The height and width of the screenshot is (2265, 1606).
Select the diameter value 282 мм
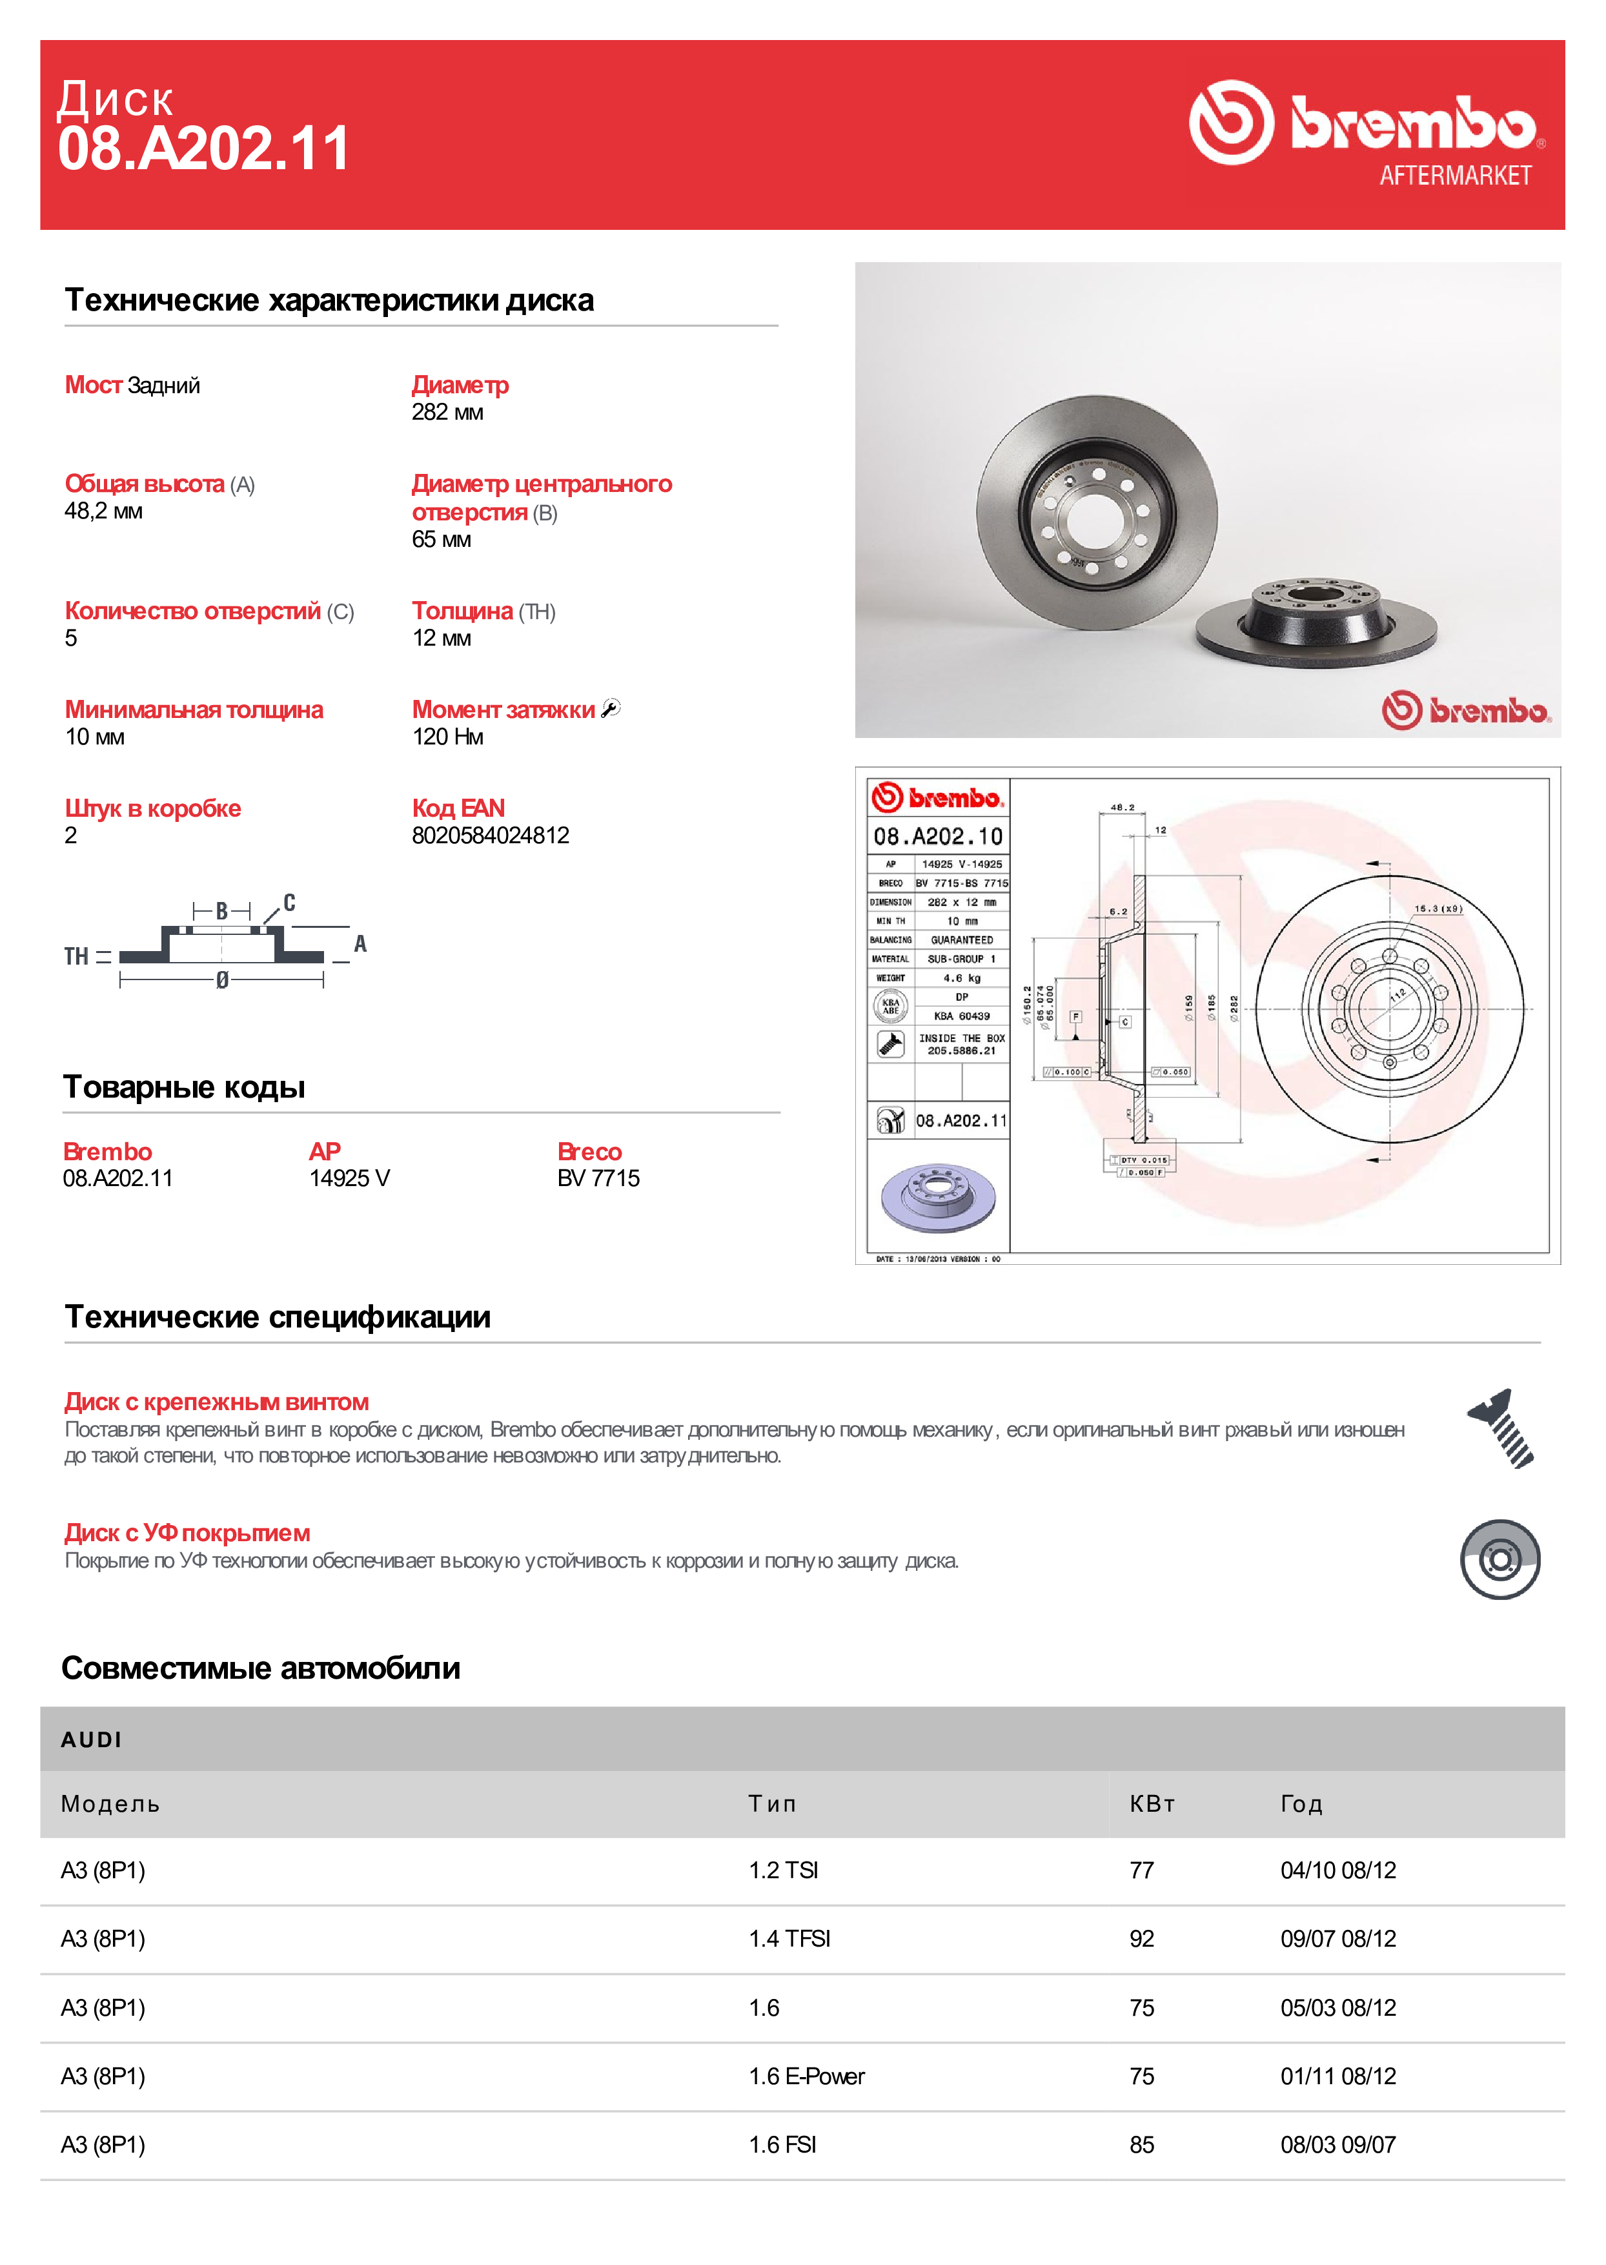pyautogui.click(x=447, y=413)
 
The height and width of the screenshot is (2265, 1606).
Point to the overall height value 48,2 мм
pyautogui.click(x=103, y=511)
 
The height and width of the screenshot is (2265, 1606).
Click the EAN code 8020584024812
pyautogui.click(x=491, y=835)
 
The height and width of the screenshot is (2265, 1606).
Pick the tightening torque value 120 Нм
pyautogui.click(x=447, y=737)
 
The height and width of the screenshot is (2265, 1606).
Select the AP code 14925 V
pyautogui.click(x=349, y=1178)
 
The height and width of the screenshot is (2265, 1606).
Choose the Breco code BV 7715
pyautogui.click(x=598, y=1178)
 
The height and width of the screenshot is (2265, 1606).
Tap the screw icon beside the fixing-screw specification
pyautogui.click(x=1500, y=1428)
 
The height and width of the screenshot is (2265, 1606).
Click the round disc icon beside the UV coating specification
pyautogui.click(x=1499, y=1560)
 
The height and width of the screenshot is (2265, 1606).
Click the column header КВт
pyautogui.click(x=1152, y=1804)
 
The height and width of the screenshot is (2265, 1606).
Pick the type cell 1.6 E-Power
pyautogui.click(x=806, y=2076)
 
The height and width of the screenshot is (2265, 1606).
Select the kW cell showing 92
pyautogui.click(x=1141, y=1938)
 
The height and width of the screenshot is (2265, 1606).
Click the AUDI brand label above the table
pyautogui.click(x=91, y=1740)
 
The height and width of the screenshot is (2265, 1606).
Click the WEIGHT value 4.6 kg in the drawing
pyautogui.click(x=961, y=978)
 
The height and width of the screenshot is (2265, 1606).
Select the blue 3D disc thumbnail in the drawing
pyautogui.click(x=937, y=1197)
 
